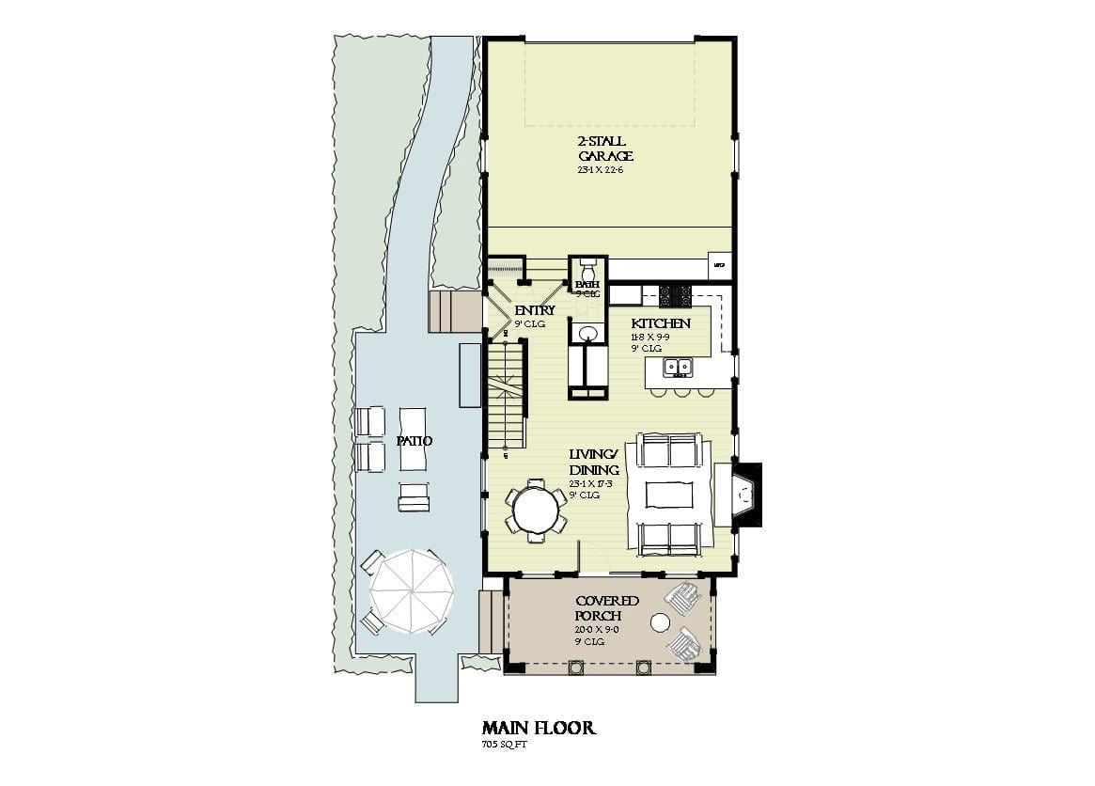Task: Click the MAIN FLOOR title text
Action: pos(539,728)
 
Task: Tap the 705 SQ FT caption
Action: pos(505,745)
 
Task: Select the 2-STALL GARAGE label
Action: pos(605,149)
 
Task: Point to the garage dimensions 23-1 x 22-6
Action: pos(601,170)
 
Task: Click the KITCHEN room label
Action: pos(661,323)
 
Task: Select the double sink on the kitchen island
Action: pos(676,367)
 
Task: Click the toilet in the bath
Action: pos(588,268)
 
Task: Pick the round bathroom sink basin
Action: pos(588,334)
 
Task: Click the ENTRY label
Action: pos(534,310)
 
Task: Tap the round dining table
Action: pos(536,511)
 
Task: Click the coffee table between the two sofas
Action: pos(669,494)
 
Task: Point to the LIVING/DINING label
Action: pos(594,463)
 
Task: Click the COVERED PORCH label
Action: pos(607,608)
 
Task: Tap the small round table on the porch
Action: pos(661,622)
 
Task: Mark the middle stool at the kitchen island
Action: pos(680,390)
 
